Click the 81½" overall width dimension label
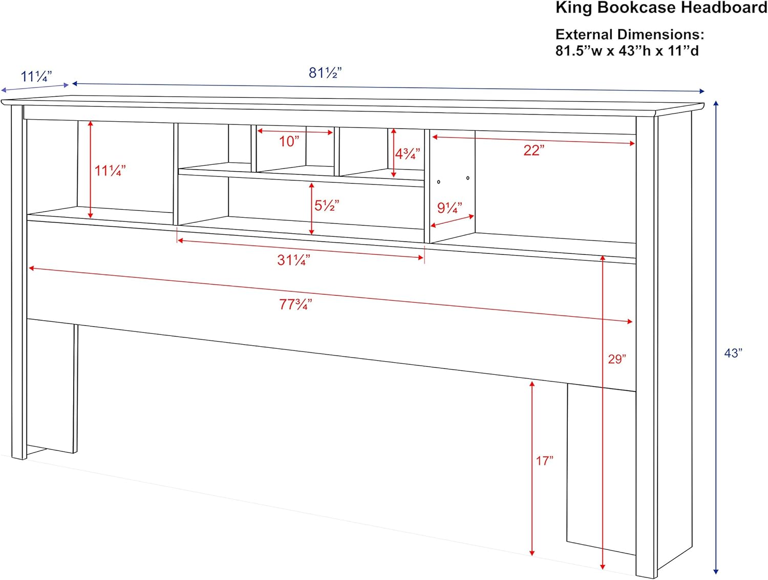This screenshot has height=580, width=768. point(325,73)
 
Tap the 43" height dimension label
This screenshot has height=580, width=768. point(733,353)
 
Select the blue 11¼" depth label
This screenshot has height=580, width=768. point(36,77)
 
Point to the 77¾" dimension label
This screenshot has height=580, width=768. point(295,304)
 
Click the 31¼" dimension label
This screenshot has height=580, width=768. point(293,260)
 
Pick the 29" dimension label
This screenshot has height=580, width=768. point(617,359)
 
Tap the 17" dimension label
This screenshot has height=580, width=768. point(544,461)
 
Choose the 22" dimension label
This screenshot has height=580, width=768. point(534,150)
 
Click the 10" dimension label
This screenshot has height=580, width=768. point(289,141)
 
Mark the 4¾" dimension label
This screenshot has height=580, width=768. point(407,153)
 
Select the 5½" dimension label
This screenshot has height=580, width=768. point(326,206)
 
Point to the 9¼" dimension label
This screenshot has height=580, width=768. point(449,208)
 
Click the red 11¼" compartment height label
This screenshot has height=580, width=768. point(110,170)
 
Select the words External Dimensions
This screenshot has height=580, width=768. point(630,35)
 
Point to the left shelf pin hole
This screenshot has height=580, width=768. point(439,182)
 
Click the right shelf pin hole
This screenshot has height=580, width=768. point(468,178)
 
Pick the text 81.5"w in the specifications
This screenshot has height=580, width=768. point(579,51)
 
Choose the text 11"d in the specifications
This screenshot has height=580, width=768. point(683,51)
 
